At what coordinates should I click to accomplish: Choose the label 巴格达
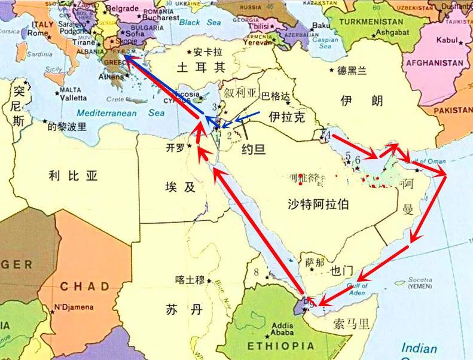[277, 96]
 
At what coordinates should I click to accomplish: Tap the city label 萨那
[315, 262]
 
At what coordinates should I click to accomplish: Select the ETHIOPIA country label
[281, 346]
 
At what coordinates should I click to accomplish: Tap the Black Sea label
[200, 22]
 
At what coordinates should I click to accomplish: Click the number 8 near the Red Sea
[257, 273]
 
